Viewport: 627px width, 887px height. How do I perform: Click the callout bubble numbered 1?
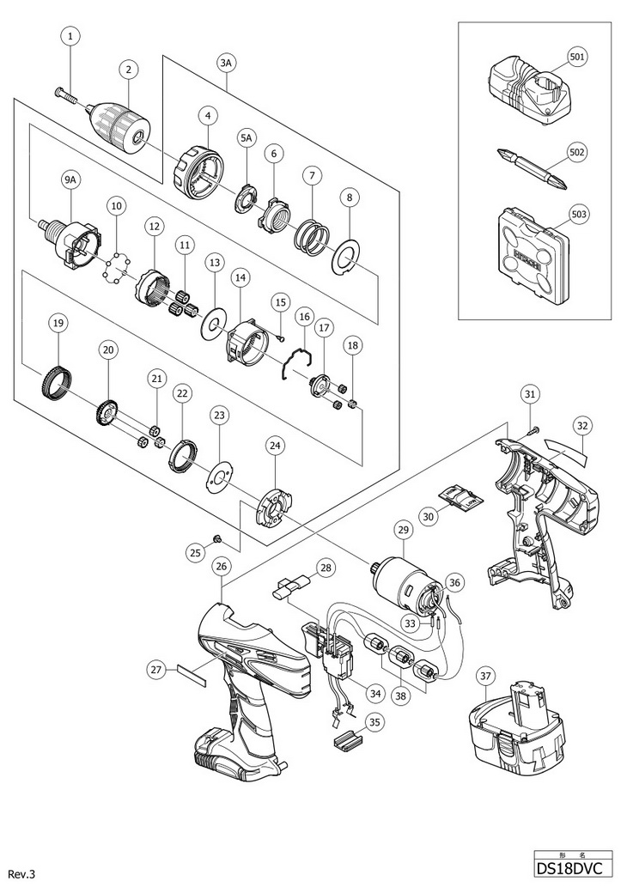(70, 37)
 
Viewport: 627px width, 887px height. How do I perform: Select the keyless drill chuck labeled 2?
(122, 122)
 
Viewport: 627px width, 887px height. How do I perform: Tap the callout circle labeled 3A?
(226, 64)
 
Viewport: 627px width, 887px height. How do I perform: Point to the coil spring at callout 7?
(310, 231)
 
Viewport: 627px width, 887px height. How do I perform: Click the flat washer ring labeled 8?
(344, 259)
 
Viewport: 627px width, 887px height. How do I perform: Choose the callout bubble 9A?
(70, 179)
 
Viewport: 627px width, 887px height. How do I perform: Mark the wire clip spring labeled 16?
(298, 362)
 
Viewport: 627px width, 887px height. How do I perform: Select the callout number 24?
(275, 446)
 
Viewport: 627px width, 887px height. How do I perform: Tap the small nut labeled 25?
(216, 537)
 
